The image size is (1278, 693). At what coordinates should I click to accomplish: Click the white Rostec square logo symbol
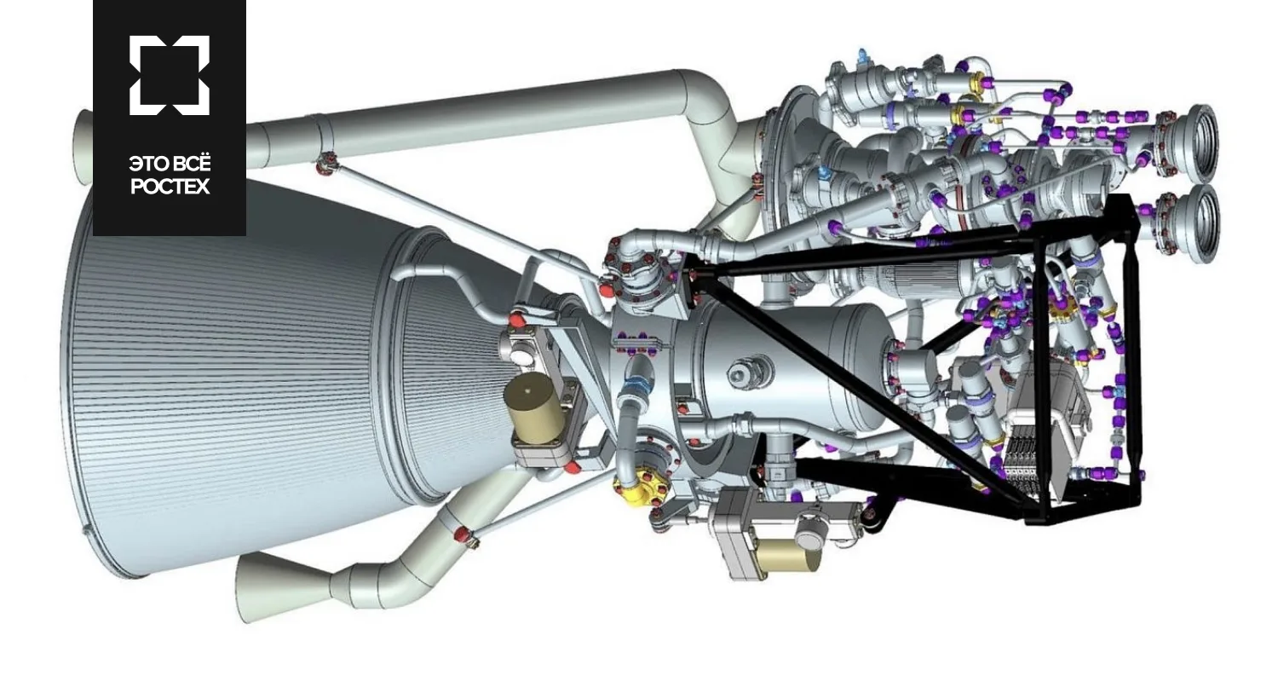(x=170, y=75)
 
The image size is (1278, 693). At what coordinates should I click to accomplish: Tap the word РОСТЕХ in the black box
(x=170, y=187)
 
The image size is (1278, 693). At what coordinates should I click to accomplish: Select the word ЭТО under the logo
(x=147, y=165)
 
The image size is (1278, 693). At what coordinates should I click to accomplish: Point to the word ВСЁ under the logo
(x=191, y=164)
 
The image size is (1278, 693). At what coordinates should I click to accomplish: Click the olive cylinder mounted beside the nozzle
(x=534, y=410)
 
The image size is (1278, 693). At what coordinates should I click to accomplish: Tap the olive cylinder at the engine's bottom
(x=787, y=556)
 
